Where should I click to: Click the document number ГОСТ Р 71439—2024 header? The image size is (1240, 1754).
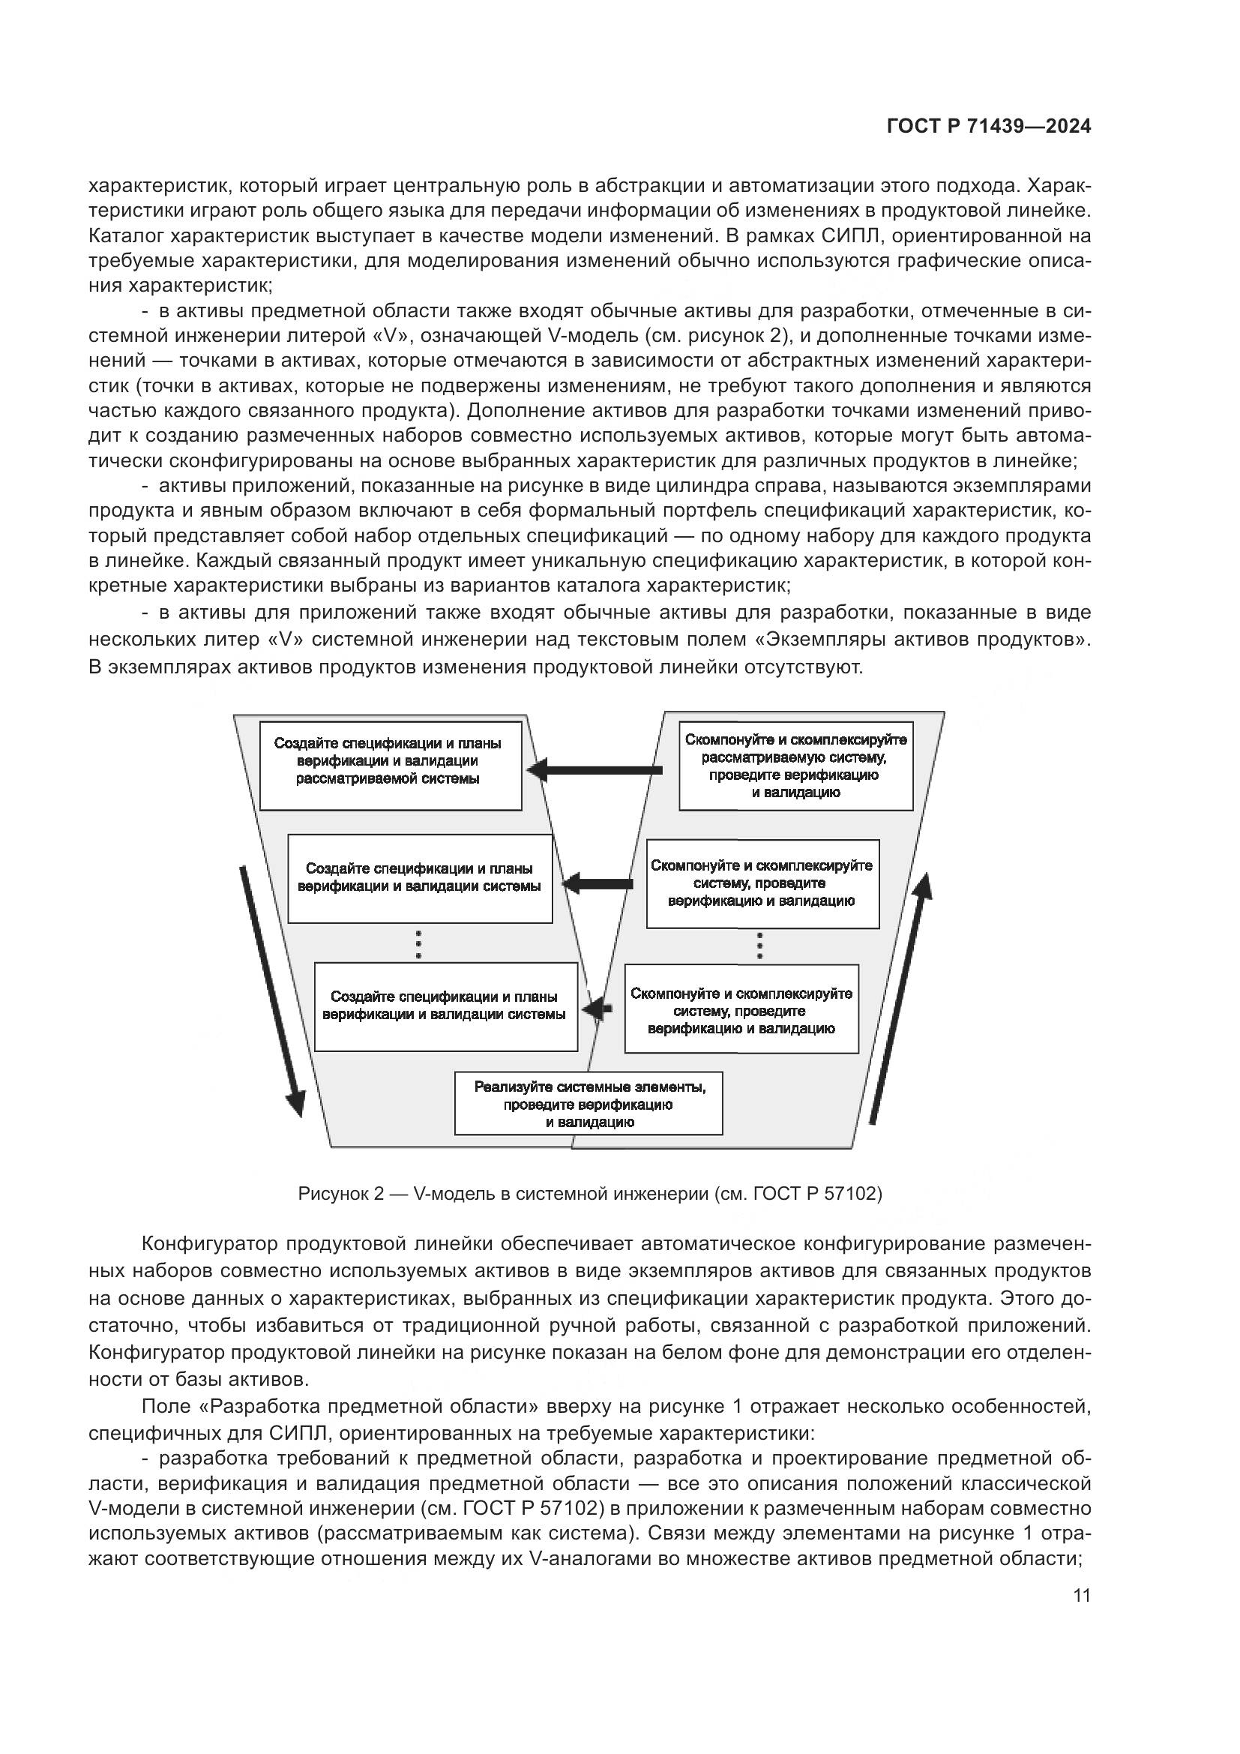point(988,127)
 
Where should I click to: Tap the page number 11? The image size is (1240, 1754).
point(1081,1596)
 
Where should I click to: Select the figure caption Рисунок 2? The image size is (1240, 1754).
point(589,1193)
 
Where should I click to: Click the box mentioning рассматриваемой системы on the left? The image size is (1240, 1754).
point(390,766)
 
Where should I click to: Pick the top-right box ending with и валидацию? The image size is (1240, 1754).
point(795,766)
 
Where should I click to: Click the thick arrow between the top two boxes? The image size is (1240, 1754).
point(595,770)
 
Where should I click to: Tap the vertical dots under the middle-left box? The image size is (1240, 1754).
point(418,944)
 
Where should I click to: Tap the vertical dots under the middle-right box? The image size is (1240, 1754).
point(759,946)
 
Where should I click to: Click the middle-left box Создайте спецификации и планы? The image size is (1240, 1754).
point(419,879)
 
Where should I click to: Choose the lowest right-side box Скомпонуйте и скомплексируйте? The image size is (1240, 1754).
point(741,1009)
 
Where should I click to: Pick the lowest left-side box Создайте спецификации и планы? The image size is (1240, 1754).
point(445,1006)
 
